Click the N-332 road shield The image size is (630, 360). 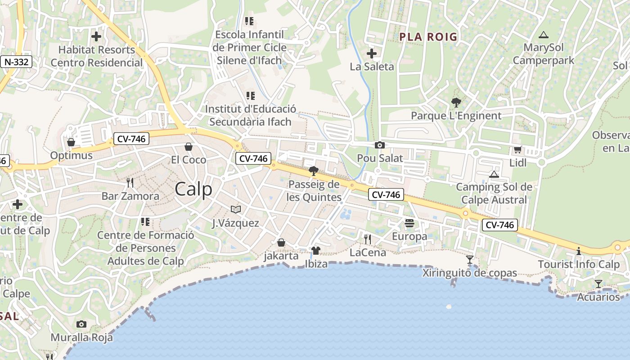[x=16, y=62]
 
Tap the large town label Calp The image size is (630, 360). [x=193, y=189]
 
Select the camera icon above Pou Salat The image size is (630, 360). [x=380, y=145]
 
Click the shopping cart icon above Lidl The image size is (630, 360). [x=517, y=149]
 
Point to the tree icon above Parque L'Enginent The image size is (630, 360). [x=456, y=103]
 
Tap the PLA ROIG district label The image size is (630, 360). [x=428, y=37]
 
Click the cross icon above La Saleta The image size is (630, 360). [x=372, y=54]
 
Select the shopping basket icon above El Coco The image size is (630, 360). [x=189, y=147]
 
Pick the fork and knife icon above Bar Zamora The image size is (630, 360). [x=130, y=182]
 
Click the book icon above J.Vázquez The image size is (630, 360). [x=236, y=209]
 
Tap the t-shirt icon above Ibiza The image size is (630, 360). [x=316, y=250]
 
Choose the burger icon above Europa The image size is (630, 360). [x=409, y=223]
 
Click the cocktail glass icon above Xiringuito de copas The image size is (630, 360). [x=470, y=259]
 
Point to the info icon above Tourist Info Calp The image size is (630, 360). [x=579, y=251]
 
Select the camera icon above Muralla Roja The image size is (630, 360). [x=81, y=324]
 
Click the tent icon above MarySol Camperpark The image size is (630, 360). [x=544, y=34]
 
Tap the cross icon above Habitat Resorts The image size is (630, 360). [x=96, y=36]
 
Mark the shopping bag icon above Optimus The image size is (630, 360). [x=71, y=142]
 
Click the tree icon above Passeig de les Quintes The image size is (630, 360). [x=314, y=171]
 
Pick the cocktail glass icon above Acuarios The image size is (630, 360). [x=598, y=283]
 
